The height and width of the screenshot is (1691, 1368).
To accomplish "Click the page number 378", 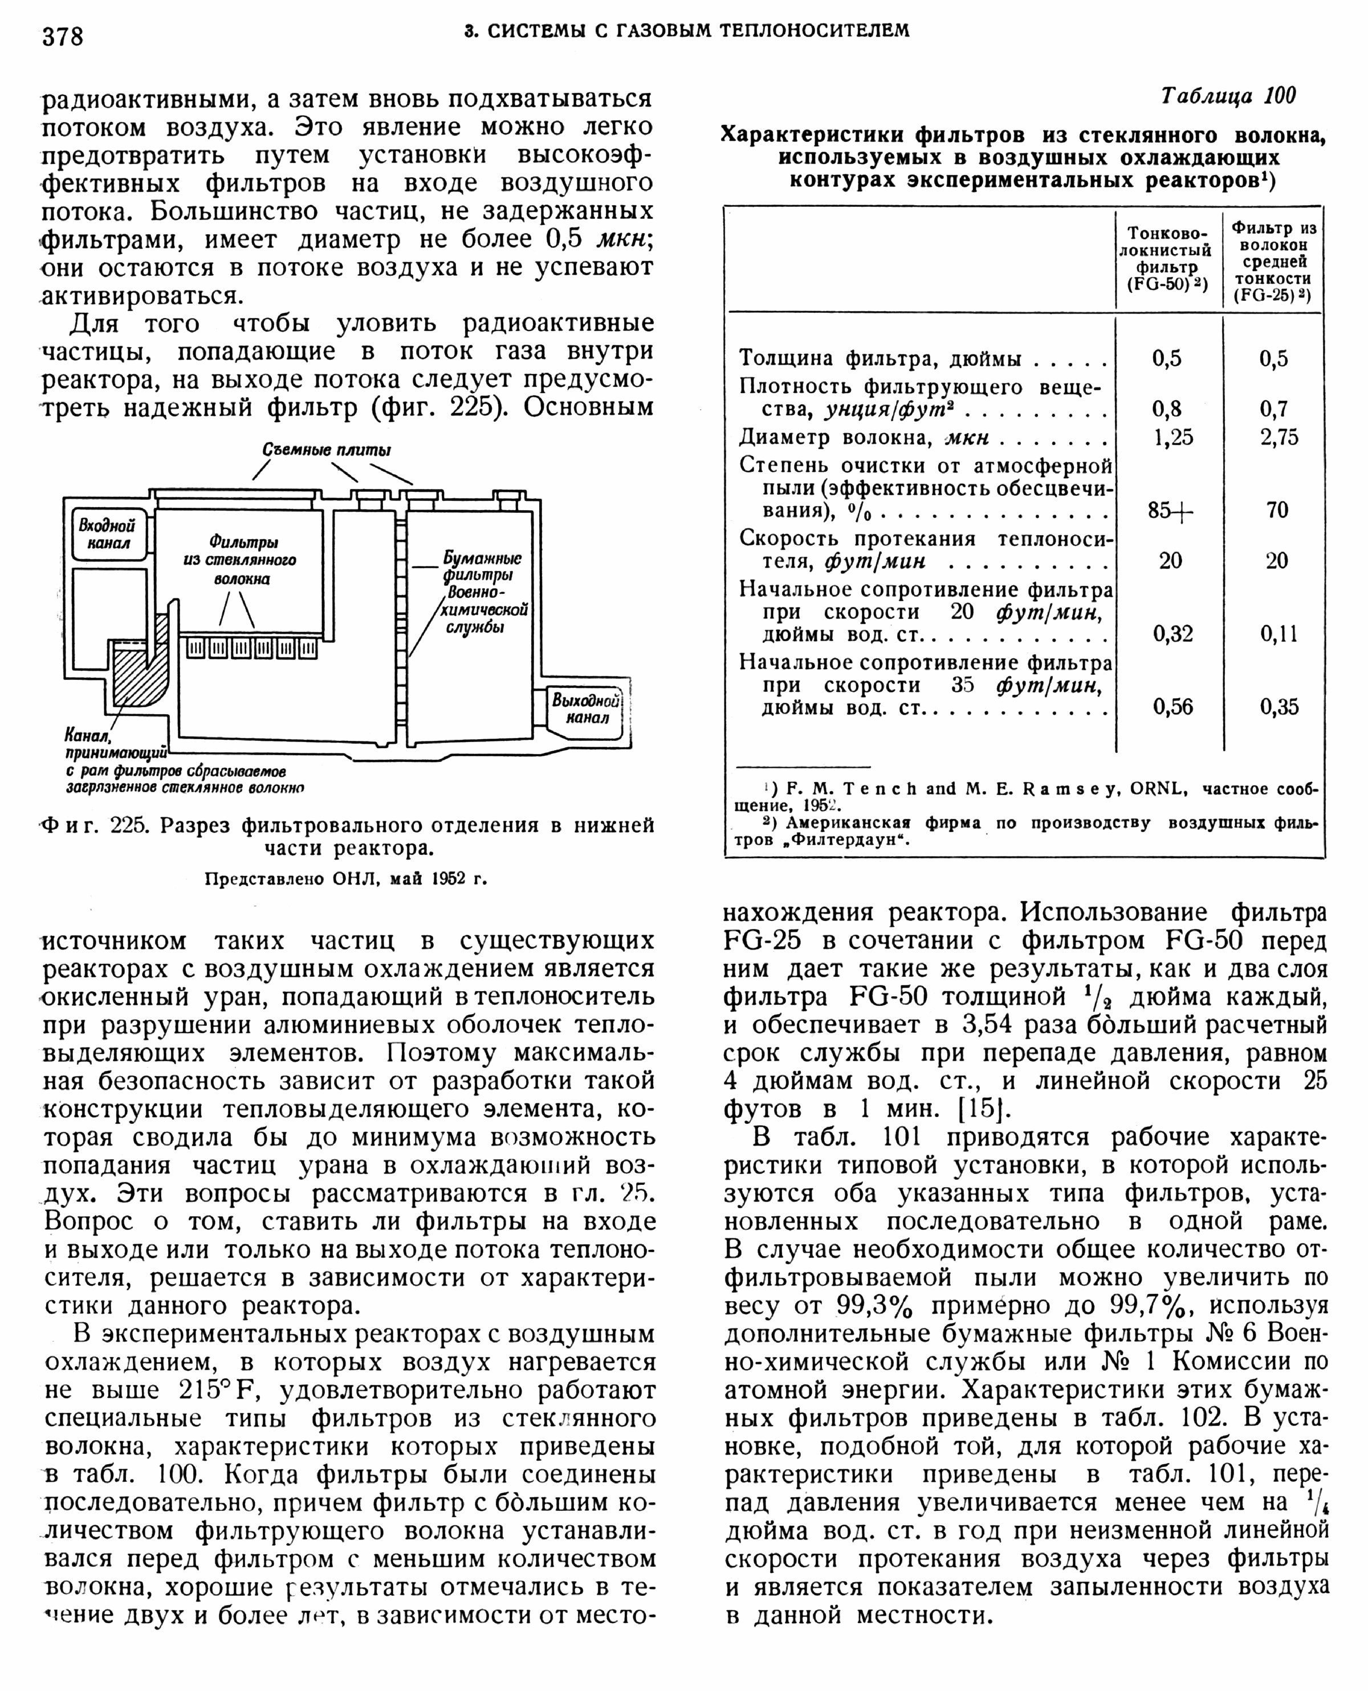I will (63, 36).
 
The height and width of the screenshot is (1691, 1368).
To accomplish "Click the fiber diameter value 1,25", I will (1172, 437).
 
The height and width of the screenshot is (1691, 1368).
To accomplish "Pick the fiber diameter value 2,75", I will (1277, 437).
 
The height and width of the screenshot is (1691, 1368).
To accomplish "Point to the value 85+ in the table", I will (1170, 511).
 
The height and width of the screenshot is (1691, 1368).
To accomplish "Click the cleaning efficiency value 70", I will (1277, 510).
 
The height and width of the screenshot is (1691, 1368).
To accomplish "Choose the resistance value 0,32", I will (1172, 634).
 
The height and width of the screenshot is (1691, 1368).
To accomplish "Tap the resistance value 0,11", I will (1277, 634).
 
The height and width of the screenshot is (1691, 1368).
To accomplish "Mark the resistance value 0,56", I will (1172, 707).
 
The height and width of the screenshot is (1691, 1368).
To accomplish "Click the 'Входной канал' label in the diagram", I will (107, 534).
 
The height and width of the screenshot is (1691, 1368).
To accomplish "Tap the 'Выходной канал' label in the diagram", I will (587, 708).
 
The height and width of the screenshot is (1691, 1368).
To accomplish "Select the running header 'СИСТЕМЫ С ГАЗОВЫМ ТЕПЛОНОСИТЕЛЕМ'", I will (686, 31).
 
